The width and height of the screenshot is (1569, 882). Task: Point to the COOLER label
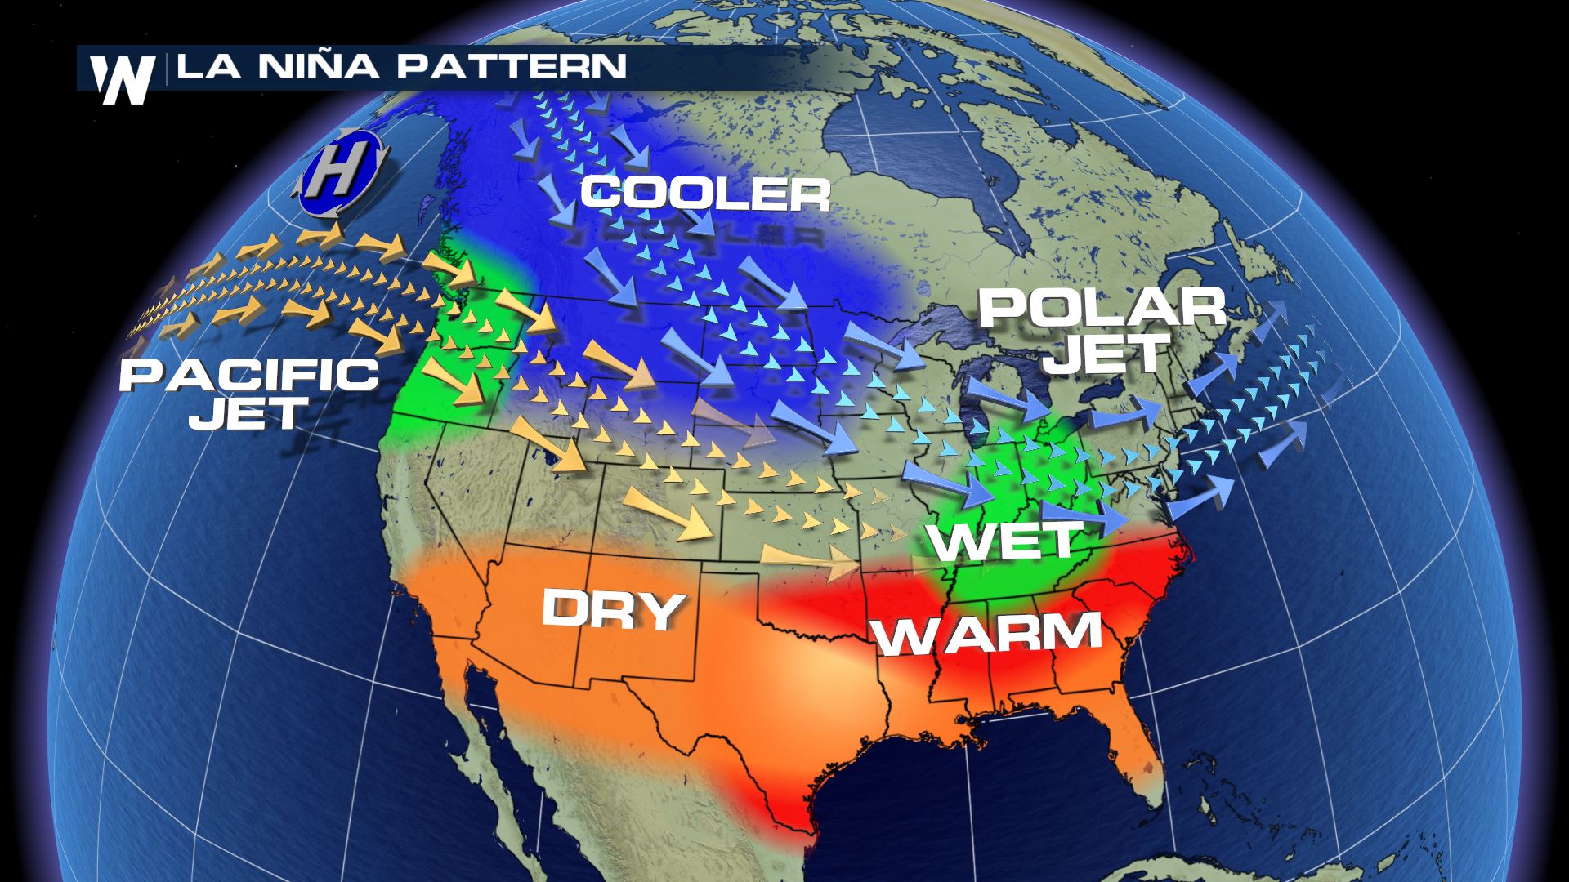704,194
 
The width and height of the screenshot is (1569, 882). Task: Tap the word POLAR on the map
1102,309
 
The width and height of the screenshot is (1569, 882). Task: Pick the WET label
1005,541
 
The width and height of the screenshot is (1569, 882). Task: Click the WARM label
988,635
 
